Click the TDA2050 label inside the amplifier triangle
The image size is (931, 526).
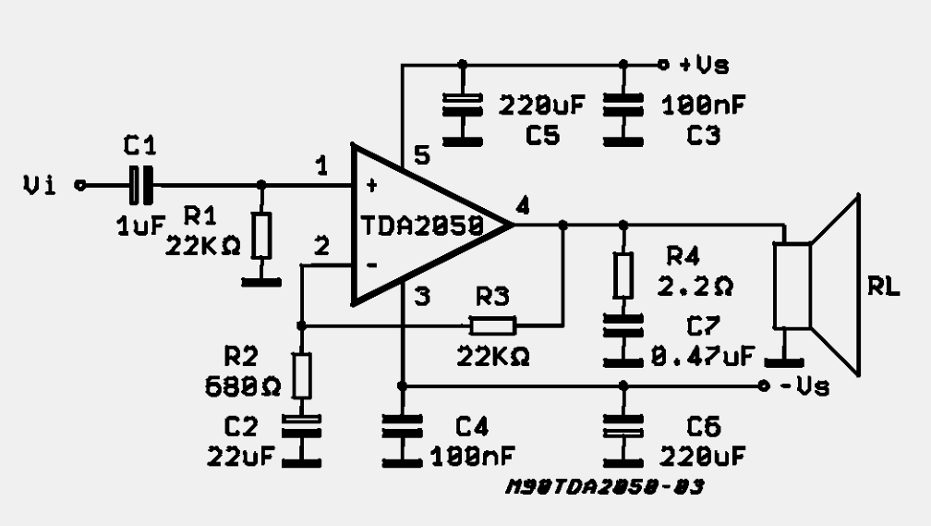422,226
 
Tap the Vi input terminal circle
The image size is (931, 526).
80,186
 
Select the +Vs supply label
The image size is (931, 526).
704,64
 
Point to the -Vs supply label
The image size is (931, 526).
804,386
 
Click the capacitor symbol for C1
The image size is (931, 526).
140,186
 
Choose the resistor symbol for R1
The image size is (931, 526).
261,235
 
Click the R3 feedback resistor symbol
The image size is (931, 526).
493,325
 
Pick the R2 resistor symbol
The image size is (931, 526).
302,375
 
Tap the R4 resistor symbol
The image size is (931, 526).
623,275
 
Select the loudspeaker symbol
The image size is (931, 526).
817,286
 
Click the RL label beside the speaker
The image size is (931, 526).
884,287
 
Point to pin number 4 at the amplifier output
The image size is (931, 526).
523,205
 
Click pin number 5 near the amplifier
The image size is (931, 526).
421,155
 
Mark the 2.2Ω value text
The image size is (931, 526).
695,287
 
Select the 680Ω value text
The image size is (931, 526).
242,387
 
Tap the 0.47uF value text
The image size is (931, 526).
703,356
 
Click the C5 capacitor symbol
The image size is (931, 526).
463,104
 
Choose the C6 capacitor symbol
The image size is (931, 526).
623,425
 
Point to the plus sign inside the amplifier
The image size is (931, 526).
371,186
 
